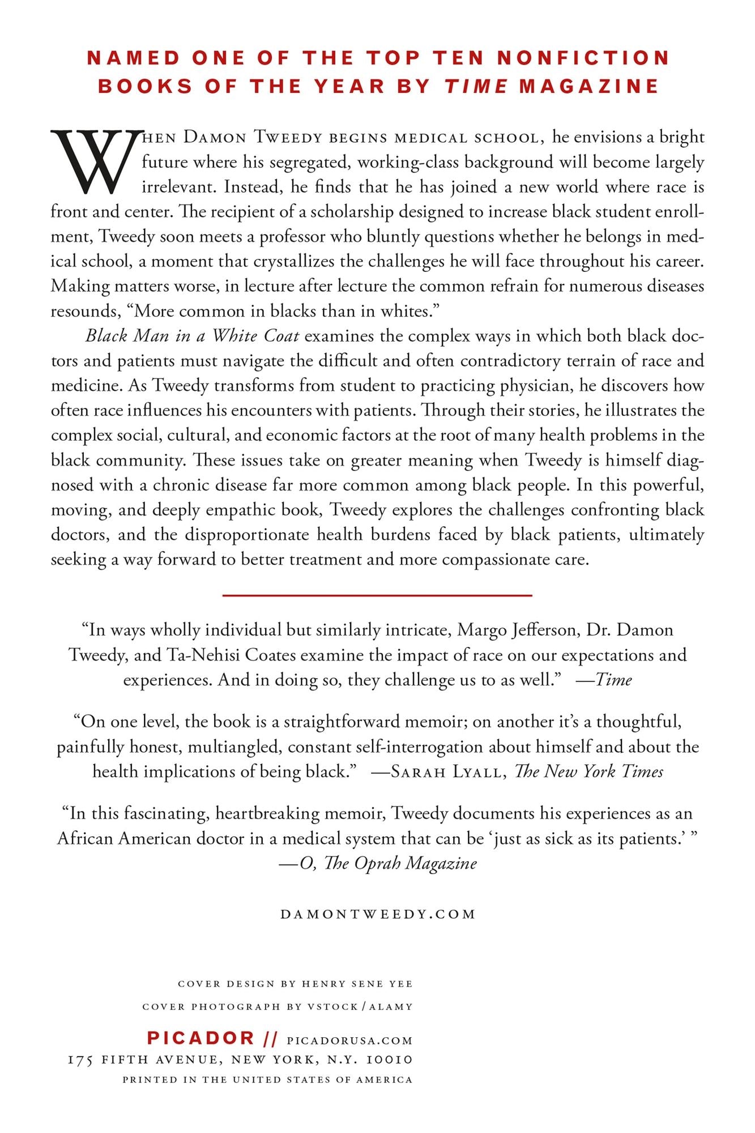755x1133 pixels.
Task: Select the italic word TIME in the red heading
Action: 476,86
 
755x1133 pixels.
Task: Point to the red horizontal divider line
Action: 377,595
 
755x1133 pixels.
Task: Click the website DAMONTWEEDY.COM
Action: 378,914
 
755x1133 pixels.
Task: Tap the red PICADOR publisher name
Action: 201,1038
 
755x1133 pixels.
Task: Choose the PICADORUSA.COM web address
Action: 349,1040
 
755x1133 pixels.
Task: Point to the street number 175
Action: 80,1060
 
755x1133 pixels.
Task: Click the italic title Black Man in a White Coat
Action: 192,336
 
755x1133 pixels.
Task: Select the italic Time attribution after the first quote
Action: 613,679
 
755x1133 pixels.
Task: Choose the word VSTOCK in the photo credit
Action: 332,1007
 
